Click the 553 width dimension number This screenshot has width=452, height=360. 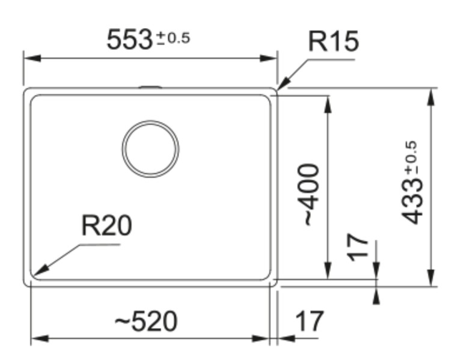click(129, 40)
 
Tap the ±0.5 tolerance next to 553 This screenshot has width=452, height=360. click(173, 39)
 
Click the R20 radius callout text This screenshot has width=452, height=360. click(106, 227)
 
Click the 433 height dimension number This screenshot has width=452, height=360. click(414, 201)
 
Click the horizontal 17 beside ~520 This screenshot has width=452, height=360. click(310, 322)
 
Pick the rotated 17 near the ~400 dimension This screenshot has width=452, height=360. click(359, 248)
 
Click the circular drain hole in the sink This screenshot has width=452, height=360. click(150, 148)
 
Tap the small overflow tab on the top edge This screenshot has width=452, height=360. click(150, 87)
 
